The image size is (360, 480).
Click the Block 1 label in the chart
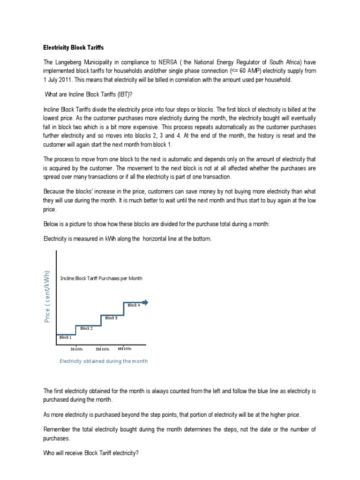pos(65,337)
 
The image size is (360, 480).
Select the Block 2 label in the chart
pos(86,329)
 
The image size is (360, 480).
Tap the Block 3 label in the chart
pos(111,318)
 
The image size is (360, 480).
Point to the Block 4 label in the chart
pos(134,305)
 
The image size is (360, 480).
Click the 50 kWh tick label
pos(76,349)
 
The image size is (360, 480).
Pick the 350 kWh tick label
pos(102,349)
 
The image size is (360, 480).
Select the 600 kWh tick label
pos(125,349)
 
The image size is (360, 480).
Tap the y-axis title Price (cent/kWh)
pos(47,296)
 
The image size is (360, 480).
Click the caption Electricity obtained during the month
pos(104,361)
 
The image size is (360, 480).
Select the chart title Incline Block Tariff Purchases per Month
pos(101,278)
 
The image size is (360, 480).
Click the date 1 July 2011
pos(61,80)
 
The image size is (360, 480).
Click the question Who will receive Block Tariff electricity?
pos(90,454)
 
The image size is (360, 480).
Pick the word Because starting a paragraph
pos(55,191)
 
